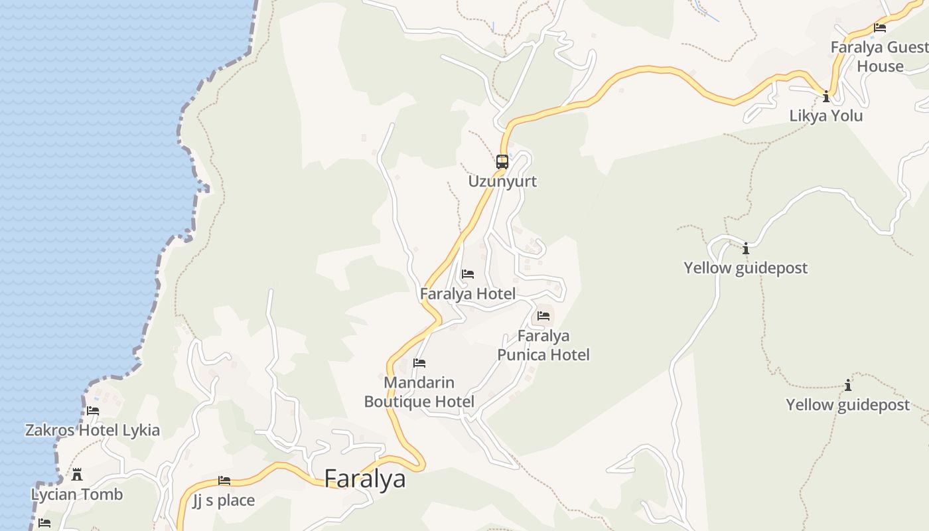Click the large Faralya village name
pyautogui.click(x=364, y=479)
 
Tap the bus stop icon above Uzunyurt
pyautogui.click(x=502, y=161)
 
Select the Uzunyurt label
pyautogui.click(x=502, y=181)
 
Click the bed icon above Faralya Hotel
pyautogui.click(x=468, y=273)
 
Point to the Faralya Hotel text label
pyautogui.click(x=468, y=293)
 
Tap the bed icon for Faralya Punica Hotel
pyautogui.click(x=543, y=316)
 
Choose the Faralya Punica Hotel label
pyautogui.click(x=543, y=345)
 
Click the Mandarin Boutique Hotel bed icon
pyautogui.click(x=419, y=363)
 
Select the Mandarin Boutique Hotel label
pyautogui.click(x=419, y=392)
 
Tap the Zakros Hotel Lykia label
pyautogui.click(x=92, y=430)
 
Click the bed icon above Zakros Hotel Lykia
pyautogui.click(x=93, y=410)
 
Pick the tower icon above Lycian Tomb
pyautogui.click(x=77, y=474)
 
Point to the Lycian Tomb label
pyautogui.click(x=77, y=494)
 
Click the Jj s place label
pyautogui.click(x=224, y=500)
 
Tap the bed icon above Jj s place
pyautogui.click(x=224, y=481)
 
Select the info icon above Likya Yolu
pyautogui.click(x=826, y=97)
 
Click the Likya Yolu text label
pyautogui.click(x=826, y=116)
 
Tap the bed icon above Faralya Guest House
pyautogui.click(x=880, y=28)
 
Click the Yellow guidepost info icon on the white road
pyautogui.click(x=746, y=248)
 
